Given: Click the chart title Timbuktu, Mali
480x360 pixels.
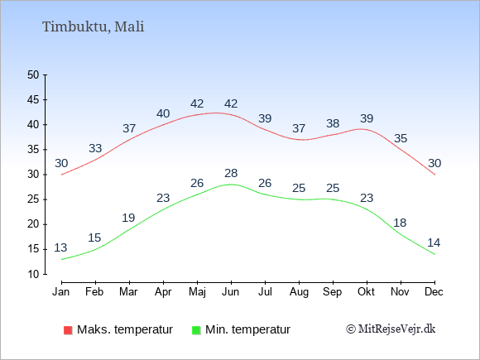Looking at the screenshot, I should [93, 26].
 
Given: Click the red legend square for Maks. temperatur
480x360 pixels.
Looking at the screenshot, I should [67, 330].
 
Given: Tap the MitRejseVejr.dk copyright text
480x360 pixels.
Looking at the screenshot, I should [391, 329].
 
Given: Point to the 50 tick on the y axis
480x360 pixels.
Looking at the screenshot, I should [34, 75].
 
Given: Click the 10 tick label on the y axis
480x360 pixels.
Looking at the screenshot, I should [34, 274].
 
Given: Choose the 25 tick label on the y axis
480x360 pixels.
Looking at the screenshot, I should [34, 199].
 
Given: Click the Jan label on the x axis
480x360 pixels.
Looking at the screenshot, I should [61, 291].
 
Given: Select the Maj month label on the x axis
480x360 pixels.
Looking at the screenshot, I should [197, 291].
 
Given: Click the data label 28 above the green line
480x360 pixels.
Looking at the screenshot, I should [231, 173].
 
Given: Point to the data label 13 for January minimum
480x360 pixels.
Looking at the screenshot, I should [61, 247].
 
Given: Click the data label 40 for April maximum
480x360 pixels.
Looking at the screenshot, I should [163, 113].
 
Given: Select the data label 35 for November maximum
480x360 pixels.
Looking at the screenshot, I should [401, 138].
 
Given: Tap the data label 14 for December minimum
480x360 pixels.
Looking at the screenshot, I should [434, 242].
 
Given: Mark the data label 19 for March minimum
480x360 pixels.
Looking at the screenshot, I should [129, 218].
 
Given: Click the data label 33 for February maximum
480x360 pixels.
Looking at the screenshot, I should [95, 149].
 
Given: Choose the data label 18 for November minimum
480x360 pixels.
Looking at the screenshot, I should [401, 223].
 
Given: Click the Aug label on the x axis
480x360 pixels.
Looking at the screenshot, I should [299, 291].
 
